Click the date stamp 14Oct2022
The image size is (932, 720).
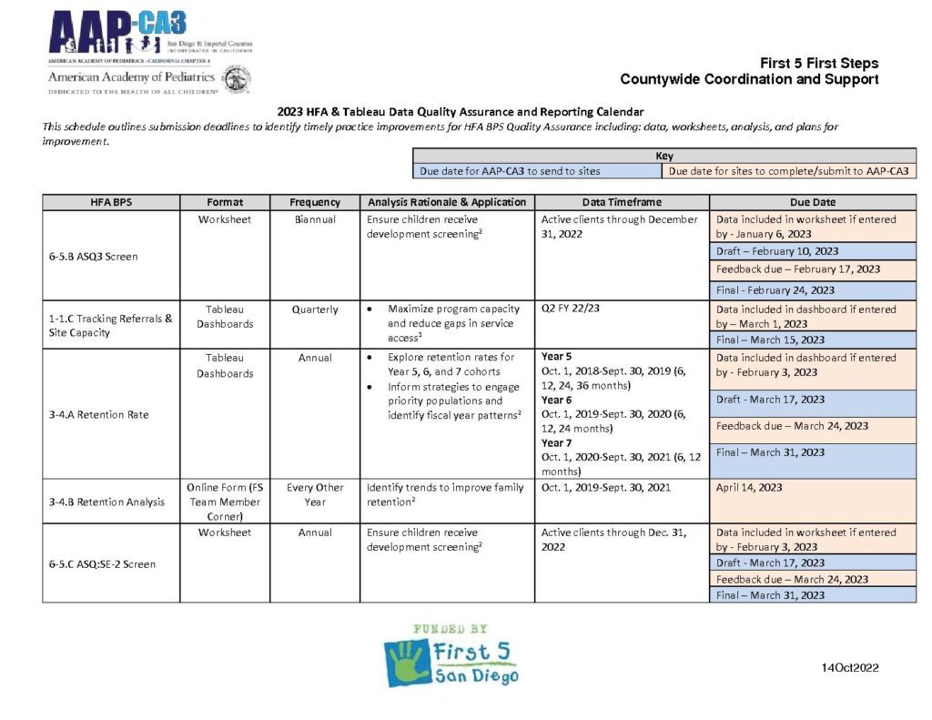[849, 668]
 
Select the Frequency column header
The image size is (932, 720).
[315, 202]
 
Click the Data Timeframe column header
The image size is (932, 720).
[622, 202]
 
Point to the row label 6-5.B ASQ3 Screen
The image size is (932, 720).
[93, 257]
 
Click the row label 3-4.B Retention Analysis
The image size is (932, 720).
[107, 502]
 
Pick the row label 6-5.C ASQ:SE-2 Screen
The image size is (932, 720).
[102, 564]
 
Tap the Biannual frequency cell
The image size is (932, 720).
[315, 219]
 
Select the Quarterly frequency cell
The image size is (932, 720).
[315, 309]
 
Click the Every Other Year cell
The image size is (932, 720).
[315, 494]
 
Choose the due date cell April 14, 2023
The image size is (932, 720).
[749, 488]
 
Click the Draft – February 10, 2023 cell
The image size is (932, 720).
[777, 251]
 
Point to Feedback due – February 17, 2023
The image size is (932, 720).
[798, 269]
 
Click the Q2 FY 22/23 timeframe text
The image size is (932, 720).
[570, 309]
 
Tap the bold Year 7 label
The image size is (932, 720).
[556, 443]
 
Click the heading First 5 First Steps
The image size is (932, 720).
[819, 64]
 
